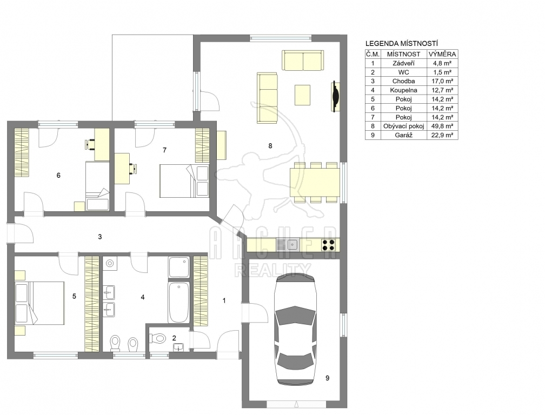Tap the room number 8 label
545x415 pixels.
(x=270, y=146)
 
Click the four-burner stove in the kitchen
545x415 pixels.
(x=329, y=245)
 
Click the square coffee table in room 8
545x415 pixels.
(x=302, y=95)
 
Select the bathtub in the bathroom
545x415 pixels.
(x=178, y=302)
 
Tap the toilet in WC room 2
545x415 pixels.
(x=158, y=338)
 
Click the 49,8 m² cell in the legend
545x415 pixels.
(x=442, y=126)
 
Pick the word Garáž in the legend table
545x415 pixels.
(x=403, y=135)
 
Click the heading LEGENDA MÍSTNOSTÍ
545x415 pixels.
(x=401, y=44)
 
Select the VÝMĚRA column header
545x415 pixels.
(x=442, y=54)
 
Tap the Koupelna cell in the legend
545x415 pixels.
(x=403, y=90)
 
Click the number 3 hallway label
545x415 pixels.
(x=99, y=237)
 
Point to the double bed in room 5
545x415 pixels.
(x=39, y=303)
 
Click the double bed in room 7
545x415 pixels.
(x=184, y=181)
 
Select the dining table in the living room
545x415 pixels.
(x=315, y=182)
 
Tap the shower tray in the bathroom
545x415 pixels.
(x=179, y=267)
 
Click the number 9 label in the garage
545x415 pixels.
(x=327, y=378)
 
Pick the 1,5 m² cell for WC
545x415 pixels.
(x=442, y=72)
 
